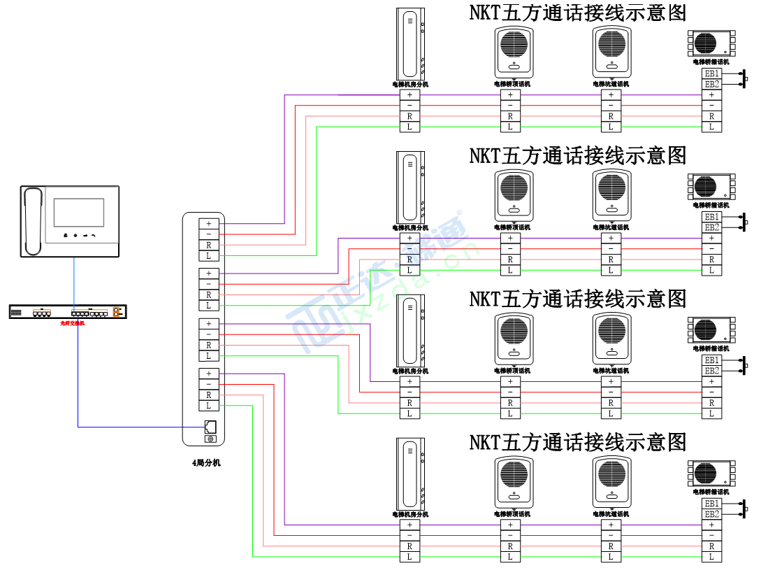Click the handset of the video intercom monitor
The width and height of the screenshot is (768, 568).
(x=32, y=221)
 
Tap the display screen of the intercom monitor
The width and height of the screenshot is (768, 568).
(x=78, y=213)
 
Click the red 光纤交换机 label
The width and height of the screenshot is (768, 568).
(x=72, y=324)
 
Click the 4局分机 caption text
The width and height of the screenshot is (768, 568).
(x=206, y=462)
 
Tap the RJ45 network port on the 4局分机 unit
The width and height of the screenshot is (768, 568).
(x=210, y=427)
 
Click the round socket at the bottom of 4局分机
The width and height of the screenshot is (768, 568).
(x=210, y=439)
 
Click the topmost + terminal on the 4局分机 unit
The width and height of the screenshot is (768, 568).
(x=208, y=223)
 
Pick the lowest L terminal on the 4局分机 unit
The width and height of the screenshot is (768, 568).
(x=208, y=406)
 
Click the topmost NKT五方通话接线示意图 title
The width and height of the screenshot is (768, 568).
(x=577, y=13)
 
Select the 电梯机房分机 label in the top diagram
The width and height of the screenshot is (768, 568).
(x=410, y=84)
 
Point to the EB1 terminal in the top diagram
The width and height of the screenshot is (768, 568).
(x=711, y=73)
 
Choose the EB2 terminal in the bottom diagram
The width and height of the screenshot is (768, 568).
(x=711, y=514)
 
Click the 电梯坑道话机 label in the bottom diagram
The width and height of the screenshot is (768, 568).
(x=611, y=514)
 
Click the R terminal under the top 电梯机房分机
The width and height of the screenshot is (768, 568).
(x=410, y=116)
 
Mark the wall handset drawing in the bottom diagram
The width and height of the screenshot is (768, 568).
(x=410, y=474)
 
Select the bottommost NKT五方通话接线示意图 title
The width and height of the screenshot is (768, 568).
(x=577, y=442)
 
